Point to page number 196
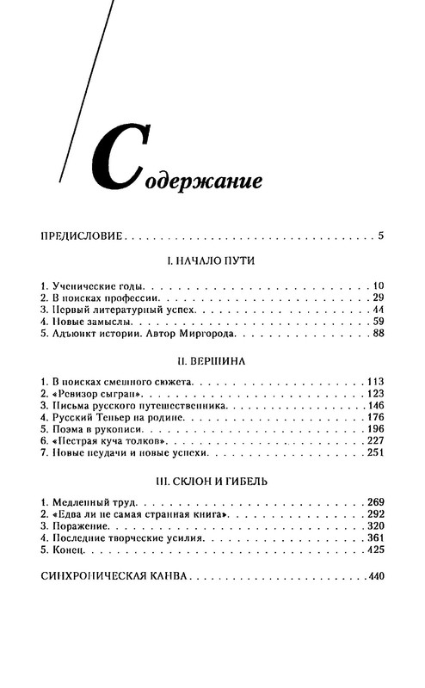(375, 427)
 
